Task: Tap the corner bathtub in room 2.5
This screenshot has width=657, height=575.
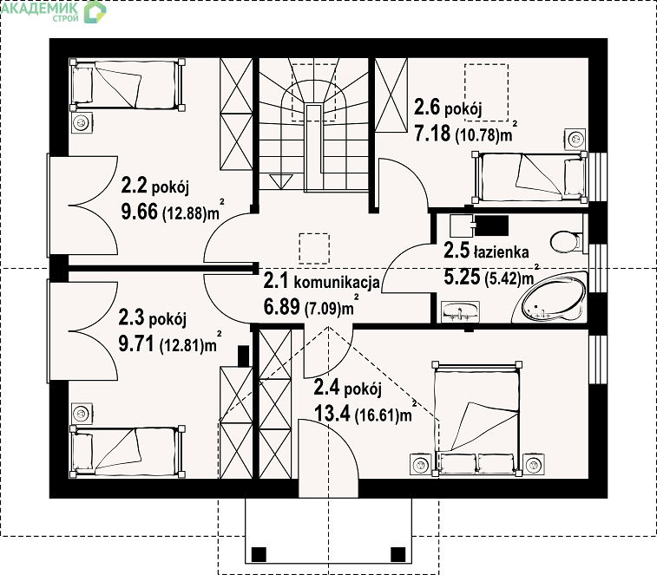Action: click(551, 297)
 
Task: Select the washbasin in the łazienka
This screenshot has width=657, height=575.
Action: click(461, 311)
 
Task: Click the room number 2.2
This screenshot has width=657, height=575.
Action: click(134, 185)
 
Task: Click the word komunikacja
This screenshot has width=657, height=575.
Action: click(337, 283)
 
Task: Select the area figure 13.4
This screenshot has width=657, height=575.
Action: click(332, 415)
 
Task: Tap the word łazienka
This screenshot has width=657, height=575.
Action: click(501, 252)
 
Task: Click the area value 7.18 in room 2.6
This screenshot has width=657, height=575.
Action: click(432, 134)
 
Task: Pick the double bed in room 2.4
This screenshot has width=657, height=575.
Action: click(477, 418)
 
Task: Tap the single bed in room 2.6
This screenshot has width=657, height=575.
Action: click(530, 178)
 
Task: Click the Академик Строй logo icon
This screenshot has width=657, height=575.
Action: click(95, 12)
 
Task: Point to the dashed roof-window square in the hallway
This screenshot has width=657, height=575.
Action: click(314, 248)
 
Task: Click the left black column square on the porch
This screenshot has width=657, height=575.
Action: click(259, 554)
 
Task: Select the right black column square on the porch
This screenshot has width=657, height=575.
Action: click(398, 554)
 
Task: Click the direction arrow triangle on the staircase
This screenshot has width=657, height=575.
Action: click(280, 182)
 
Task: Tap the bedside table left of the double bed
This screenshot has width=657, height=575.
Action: click(420, 464)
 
